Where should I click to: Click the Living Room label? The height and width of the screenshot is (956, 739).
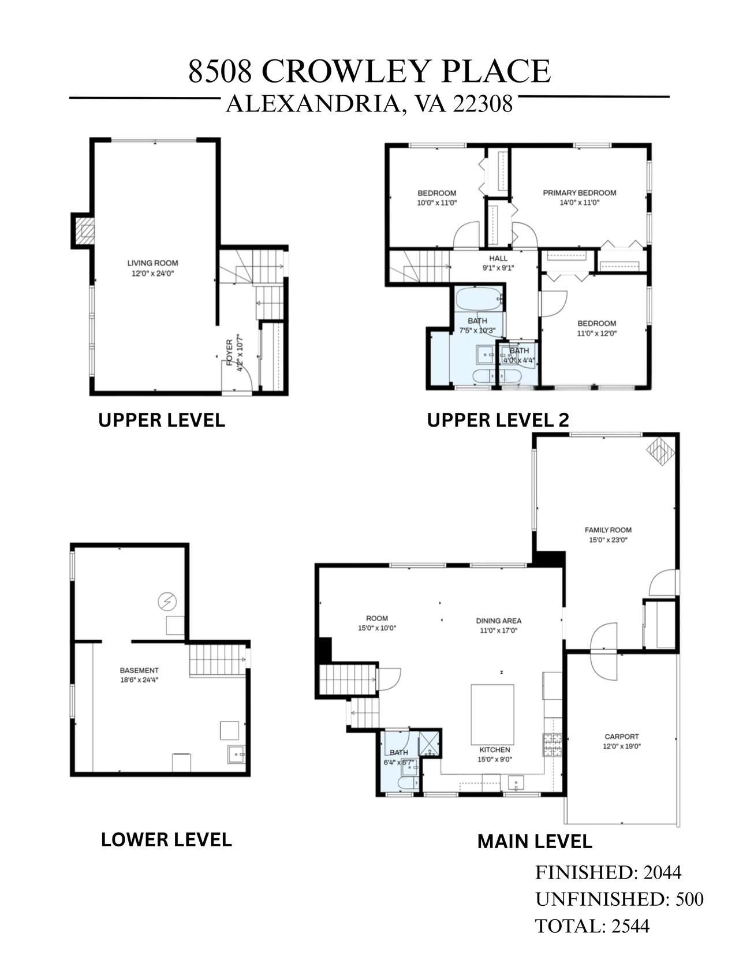click(x=152, y=263)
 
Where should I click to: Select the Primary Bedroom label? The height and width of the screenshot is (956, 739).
click(x=579, y=193)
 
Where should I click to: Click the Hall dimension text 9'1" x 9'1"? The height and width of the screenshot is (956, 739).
click(x=498, y=268)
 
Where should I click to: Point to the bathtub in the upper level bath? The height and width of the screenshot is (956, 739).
click(x=479, y=299)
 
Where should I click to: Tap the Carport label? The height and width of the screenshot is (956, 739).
click(x=622, y=737)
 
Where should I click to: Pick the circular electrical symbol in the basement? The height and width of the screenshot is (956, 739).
click(x=167, y=602)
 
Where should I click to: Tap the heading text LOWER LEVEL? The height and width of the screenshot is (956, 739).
click(x=166, y=840)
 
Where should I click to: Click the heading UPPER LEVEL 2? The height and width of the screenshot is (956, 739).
click(x=498, y=420)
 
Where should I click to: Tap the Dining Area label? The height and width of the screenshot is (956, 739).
click(x=499, y=621)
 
